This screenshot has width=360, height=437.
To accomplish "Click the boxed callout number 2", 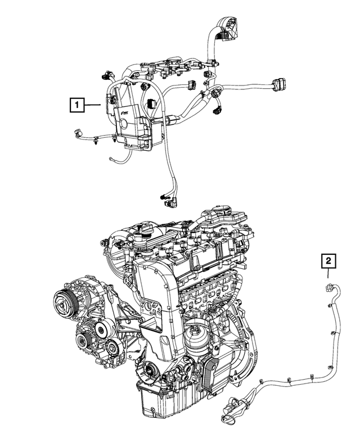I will point(328,261).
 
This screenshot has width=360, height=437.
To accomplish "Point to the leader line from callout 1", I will point(93,104).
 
